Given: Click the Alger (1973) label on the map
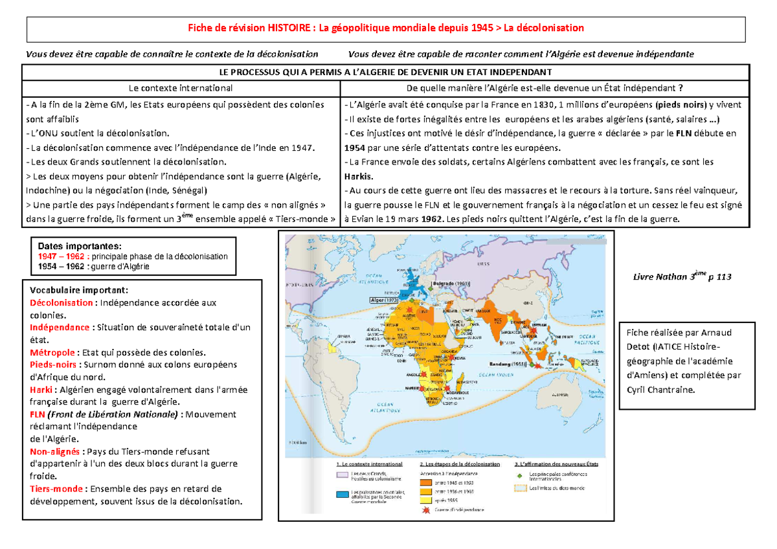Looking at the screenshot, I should click(385, 300).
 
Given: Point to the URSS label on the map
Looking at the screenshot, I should click(483, 264).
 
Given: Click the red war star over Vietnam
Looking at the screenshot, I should click(534, 330).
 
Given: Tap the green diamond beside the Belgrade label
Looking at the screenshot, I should click(431, 289).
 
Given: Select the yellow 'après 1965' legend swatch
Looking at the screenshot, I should click(425, 500).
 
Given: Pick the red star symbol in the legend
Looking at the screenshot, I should click(426, 510).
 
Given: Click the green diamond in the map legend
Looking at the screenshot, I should click(520, 476).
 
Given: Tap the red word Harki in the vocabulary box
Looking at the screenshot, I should click(40, 390).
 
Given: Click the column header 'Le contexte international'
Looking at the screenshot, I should click(181, 87).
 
